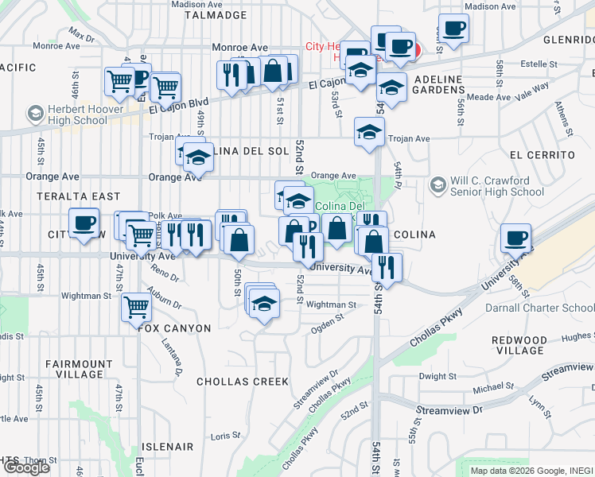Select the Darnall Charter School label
point(539,308)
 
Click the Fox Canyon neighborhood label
point(174,328)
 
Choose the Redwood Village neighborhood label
point(519,345)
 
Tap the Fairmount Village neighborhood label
point(79,369)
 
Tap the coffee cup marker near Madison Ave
point(454,29)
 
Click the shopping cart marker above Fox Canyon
point(136,306)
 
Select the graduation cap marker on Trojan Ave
point(368,132)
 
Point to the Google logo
point(26,467)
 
